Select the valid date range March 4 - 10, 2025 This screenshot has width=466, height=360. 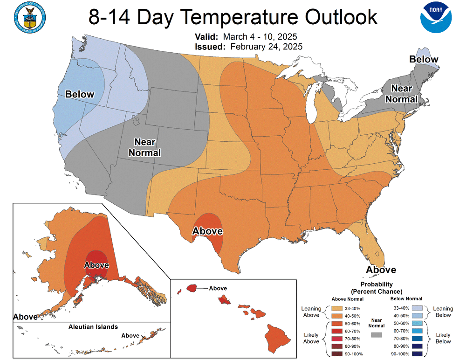click(260, 37)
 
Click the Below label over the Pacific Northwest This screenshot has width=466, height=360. click(80, 94)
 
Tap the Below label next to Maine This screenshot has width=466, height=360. click(424, 59)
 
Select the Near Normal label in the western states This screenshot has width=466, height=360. click(147, 147)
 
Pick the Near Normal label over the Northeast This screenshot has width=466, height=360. click(404, 93)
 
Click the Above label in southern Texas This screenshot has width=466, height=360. click(207, 231)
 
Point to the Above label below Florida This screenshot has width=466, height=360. click(381, 270)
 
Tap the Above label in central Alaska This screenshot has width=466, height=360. click(96, 265)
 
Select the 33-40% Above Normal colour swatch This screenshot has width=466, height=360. click(336, 308)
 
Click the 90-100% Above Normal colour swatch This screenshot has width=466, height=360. click(336, 353)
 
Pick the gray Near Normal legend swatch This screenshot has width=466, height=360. click(377, 334)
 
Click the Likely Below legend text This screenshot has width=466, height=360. click(443, 338)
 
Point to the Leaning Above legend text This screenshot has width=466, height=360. click(312, 312)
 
